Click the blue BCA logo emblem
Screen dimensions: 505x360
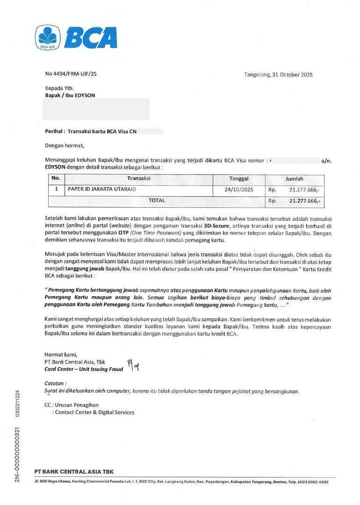click(48, 37)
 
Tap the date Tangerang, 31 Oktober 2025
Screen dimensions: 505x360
click(278, 74)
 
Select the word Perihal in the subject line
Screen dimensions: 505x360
click(54, 132)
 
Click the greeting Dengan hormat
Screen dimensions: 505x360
click(64, 145)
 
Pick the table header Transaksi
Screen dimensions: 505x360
click(138, 179)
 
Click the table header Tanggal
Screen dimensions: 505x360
click(239, 179)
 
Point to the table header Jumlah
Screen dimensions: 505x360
click(295, 179)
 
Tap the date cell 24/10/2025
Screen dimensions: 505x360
click(239, 190)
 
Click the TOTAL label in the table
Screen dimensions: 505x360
click(157, 200)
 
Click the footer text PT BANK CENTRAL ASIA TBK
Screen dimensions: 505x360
click(74, 471)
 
